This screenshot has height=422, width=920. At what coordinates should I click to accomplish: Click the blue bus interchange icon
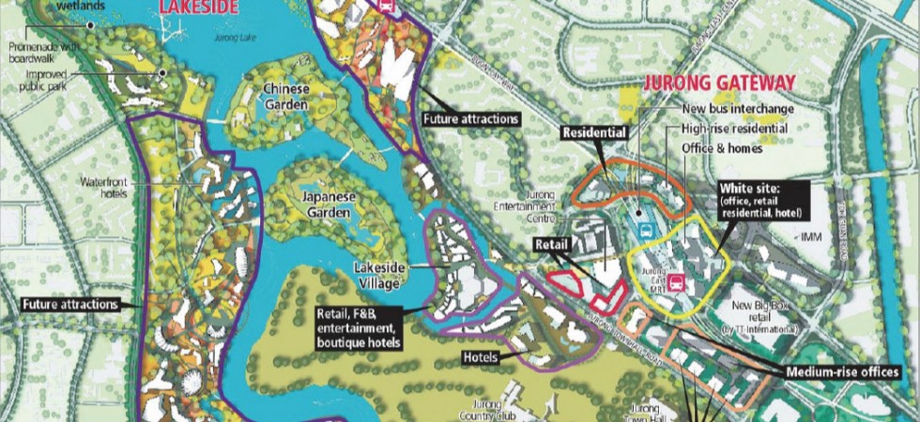(x=645, y=226)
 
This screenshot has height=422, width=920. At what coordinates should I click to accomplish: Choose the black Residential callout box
(x=594, y=133)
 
